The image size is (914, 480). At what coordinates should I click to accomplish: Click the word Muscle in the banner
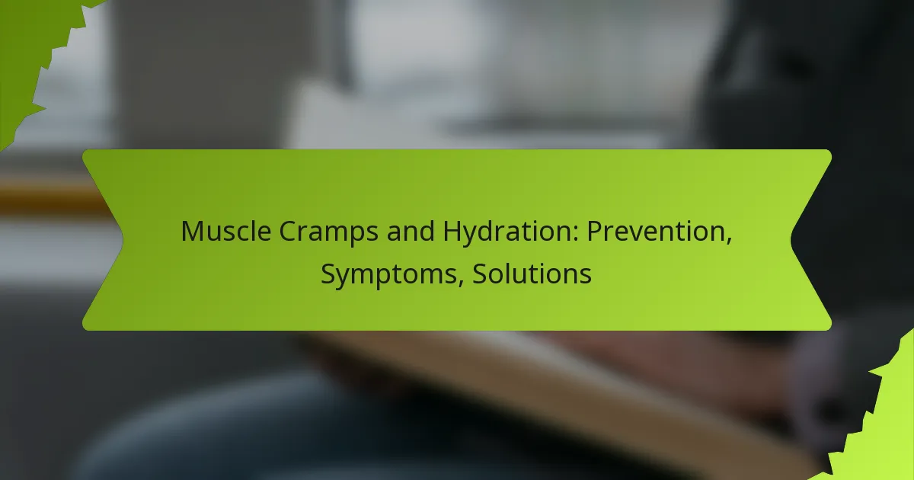coord(226,231)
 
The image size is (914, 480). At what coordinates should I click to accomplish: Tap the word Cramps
coord(329,232)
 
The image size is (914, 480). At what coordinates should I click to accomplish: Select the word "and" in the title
coord(411,231)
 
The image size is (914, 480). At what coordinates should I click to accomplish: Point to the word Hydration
coord(507,232)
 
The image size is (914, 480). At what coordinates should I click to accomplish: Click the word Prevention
coord(657,232)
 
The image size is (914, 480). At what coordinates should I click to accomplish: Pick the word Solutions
coord(532,274)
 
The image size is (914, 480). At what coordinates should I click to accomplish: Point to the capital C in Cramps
coord(289,231)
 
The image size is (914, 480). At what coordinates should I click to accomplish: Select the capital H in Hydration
coord(452,231)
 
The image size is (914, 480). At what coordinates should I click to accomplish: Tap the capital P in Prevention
coord(594,231)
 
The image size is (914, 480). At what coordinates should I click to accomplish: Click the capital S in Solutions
coord(481,274)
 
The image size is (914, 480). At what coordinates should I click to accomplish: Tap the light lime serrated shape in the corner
coord(877,421)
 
